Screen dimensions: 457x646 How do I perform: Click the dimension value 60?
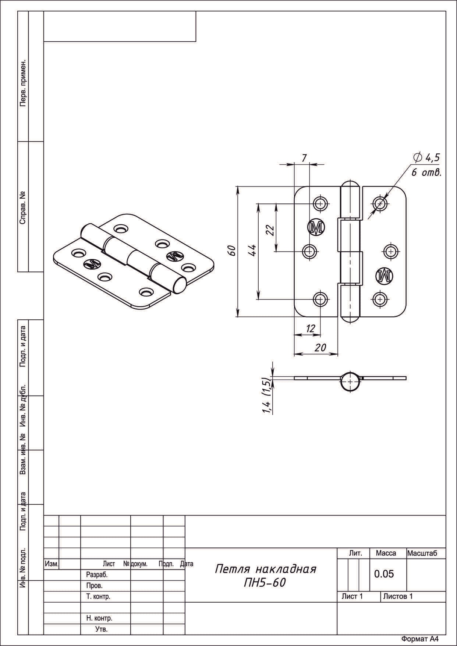(231, 251)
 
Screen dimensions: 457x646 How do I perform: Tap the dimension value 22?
(270, 230)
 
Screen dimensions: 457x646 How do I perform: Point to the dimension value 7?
(304, 158)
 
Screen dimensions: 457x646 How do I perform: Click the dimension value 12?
(311, 329)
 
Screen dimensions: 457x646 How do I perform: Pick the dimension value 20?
(320, 347)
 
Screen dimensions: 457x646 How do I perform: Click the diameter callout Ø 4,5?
(426, 158)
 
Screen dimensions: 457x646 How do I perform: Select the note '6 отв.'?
(426, 173)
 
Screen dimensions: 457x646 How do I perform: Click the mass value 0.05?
(384, 574)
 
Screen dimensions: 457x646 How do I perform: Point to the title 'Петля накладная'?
(265, 569)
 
